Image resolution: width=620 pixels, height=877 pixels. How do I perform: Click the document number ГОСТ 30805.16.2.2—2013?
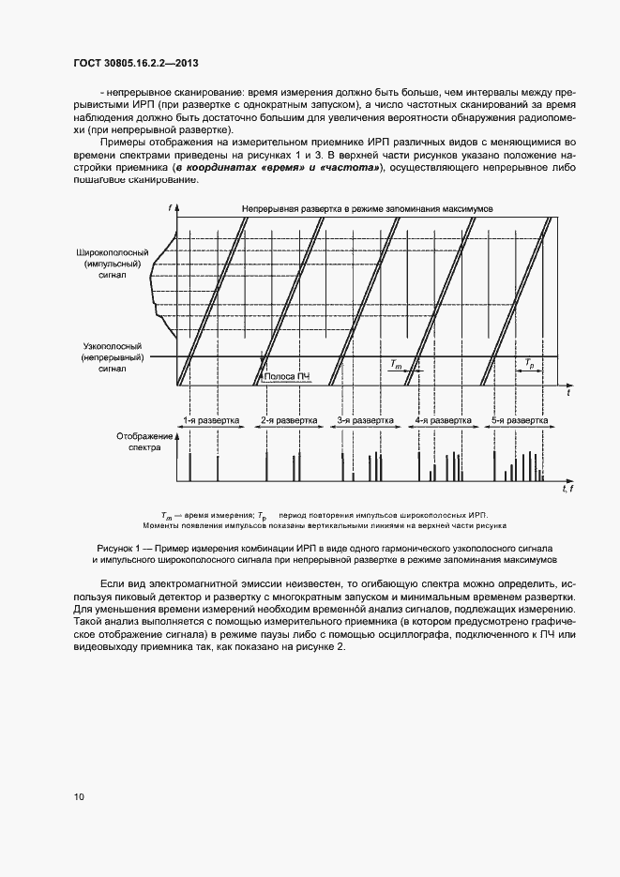(x=136, y=64)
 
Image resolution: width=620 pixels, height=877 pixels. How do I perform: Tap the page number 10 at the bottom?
(x=79, y=797)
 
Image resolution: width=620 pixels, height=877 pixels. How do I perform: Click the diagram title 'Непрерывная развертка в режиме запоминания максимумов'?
(x=373, y=206)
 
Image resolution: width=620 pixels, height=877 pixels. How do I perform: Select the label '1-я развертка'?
(x=211, y=421)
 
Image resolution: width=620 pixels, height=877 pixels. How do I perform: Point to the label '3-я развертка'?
(x=365, y=421)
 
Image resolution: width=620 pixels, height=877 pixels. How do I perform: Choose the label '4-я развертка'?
(x=443, y=421)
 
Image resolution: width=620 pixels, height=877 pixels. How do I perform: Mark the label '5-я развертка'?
(x=519, y=421)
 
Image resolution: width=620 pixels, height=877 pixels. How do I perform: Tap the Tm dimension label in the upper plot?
(x=397, y=361)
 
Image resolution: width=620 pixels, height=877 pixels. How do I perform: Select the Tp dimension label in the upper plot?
(x=530, y=361)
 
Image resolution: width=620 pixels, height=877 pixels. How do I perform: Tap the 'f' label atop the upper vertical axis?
(x=171, y=206)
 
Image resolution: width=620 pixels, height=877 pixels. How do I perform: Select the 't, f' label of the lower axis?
(x=567, y=489)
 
